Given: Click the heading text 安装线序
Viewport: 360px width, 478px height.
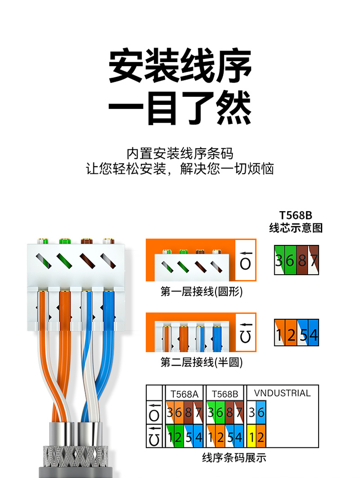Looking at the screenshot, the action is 180,65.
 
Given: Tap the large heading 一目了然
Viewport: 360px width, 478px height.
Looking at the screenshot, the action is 180,108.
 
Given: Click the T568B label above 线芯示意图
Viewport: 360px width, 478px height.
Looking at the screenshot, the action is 296,216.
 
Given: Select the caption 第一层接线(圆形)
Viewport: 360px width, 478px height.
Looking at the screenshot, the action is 201,292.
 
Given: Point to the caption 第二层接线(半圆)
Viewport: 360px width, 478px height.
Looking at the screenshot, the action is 201,362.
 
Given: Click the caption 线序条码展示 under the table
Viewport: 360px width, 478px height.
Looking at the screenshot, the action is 234,457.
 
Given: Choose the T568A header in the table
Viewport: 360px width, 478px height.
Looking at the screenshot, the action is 184,394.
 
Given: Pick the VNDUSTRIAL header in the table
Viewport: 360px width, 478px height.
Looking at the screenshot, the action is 283,393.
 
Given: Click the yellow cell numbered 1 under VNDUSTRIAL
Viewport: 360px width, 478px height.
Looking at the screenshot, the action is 252,437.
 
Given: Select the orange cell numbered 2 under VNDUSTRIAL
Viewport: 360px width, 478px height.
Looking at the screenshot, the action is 261,437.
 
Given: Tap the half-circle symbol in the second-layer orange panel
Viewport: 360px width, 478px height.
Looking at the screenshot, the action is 246,337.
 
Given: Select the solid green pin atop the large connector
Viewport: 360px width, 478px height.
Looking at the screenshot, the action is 65,241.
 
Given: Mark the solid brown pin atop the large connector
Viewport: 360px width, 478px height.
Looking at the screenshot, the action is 87,241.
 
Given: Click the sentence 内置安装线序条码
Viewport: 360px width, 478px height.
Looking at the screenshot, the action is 180,153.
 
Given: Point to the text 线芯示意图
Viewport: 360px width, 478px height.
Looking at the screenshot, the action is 296,228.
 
